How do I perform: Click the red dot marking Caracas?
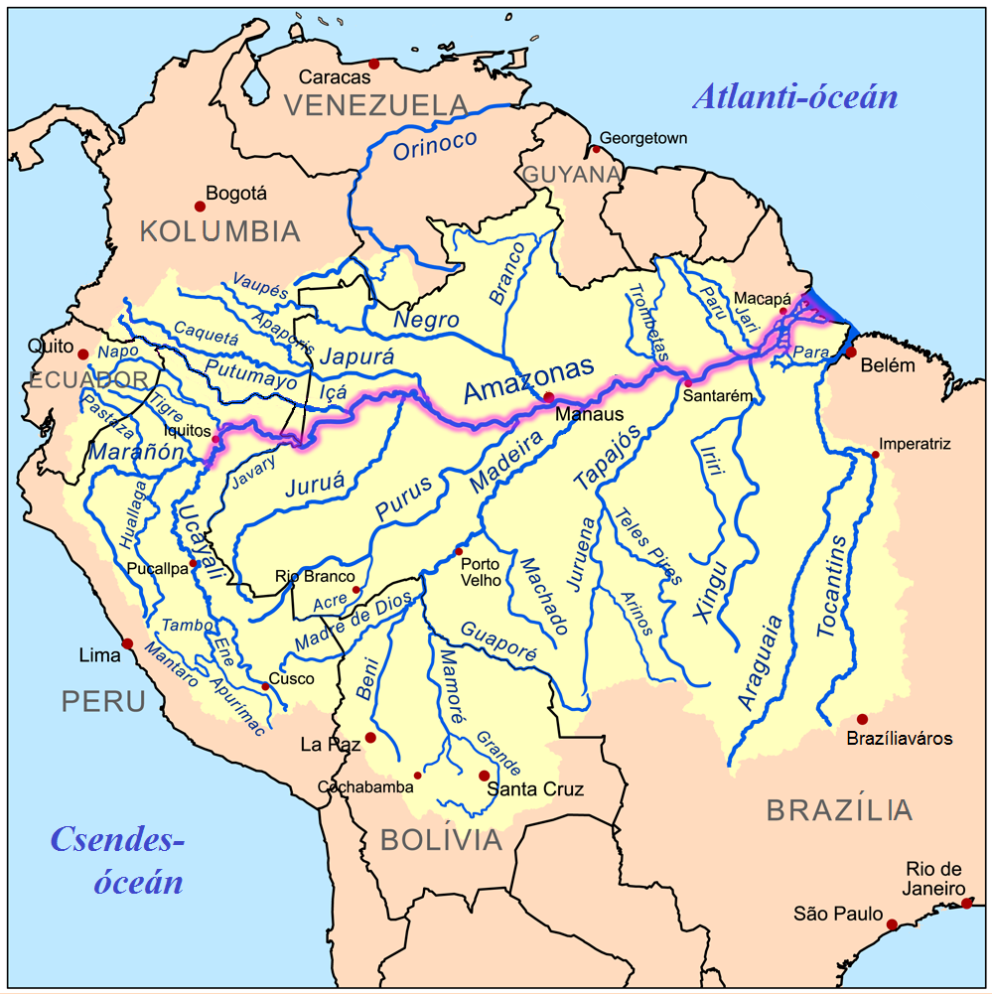point(373,65)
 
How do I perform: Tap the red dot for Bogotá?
point(200,207)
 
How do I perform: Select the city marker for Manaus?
point(549,397)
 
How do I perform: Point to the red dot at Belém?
point(851,353)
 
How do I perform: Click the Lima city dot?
point(128,643)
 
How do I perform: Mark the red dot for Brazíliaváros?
point(862,719)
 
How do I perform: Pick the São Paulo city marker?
point(892,924)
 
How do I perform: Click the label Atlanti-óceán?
point(794,97)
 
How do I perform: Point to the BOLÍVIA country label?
point(441,841)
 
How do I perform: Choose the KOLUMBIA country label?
point(219,232)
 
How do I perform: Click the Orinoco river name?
point(435,145)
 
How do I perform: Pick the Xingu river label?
point(711,593)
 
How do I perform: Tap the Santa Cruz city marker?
point(484,776)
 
